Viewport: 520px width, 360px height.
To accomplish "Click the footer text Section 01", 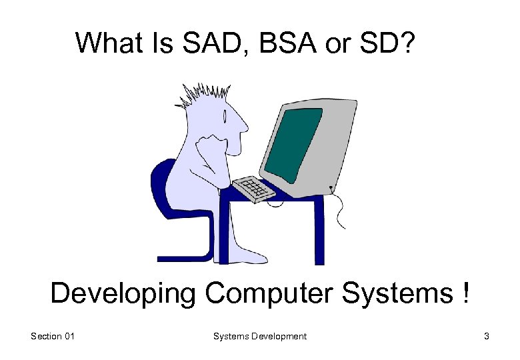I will click(x=53, y=337).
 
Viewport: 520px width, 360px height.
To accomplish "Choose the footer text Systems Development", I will click(x=260, y=337).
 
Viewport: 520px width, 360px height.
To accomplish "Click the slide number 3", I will click(x=487, y=337).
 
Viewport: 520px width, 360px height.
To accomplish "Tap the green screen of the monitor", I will click(x=293, y=143).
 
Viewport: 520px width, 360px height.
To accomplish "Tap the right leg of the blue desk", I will click(x=318, y=230).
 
